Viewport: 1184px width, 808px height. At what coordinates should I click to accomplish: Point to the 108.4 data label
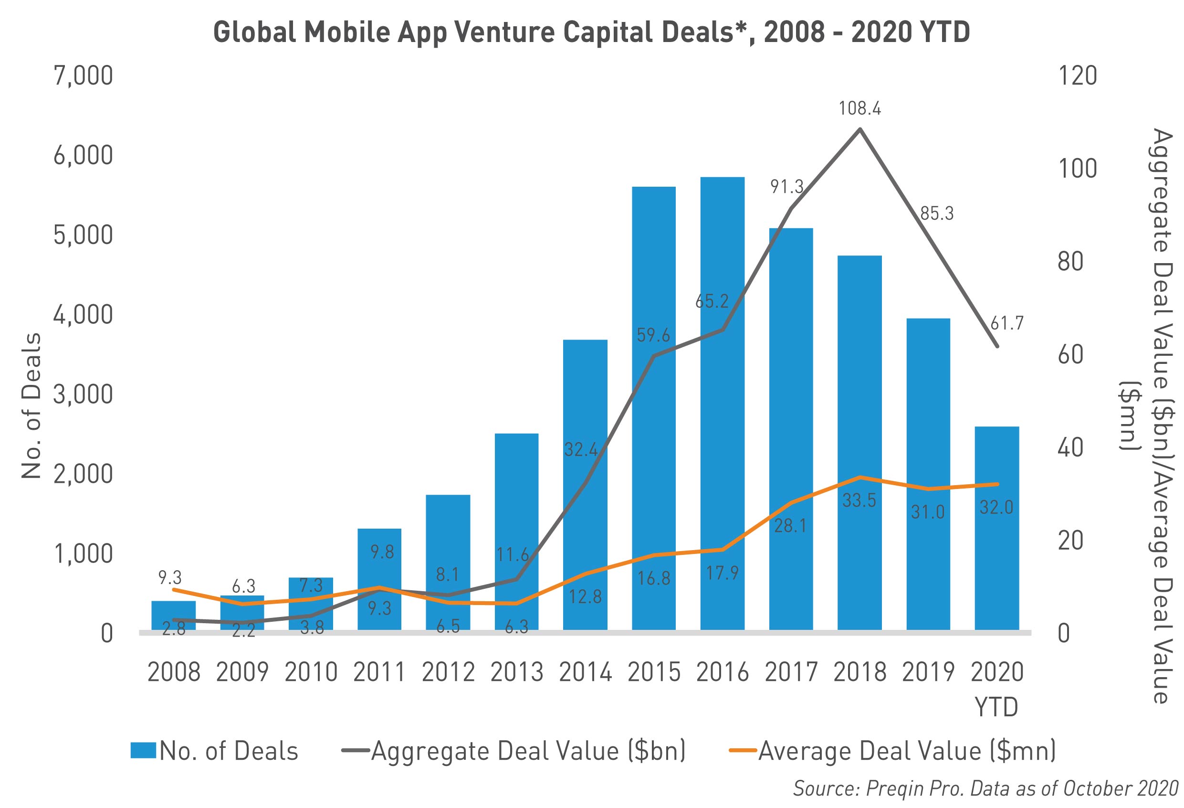pos(860,108)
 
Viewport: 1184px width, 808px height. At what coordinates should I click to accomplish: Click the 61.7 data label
pos(1006,323)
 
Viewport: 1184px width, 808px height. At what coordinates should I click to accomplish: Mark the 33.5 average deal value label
pos(859,500)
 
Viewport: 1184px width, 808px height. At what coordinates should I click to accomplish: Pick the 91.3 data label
pos(786,187)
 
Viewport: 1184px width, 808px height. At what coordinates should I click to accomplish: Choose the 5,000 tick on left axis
pos(83,235)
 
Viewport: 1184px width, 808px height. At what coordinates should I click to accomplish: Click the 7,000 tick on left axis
pos(83,76)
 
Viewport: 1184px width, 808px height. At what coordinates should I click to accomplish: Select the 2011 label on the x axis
pos(379,672)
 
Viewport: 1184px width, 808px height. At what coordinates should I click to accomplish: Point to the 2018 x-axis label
pos(860,672)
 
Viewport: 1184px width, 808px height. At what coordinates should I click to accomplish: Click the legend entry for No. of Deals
pos(214,751)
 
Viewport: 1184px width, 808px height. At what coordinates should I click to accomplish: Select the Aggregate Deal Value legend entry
pos(514,751)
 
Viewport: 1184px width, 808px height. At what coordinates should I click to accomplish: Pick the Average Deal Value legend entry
pos(891,751)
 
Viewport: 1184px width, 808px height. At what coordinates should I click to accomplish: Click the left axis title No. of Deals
pos(31,405)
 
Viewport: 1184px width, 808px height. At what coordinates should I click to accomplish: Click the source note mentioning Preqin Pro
pos(985,788)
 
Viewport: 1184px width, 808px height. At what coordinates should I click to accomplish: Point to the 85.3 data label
pos(936,213)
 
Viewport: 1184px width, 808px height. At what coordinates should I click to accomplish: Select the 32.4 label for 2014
pos(580,450)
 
